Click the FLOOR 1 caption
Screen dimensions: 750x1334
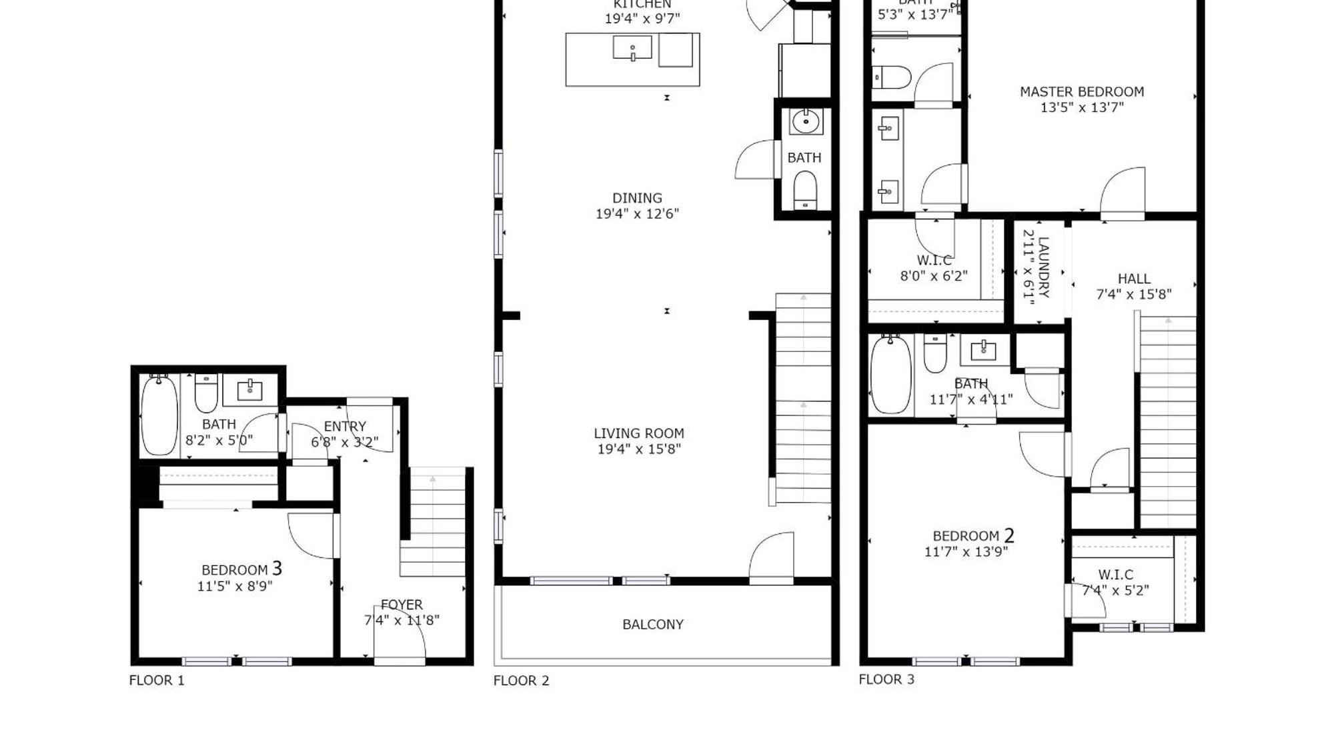[156, 681]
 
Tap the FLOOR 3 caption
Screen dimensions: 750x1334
[886, 679]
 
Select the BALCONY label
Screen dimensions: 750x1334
[652, 625]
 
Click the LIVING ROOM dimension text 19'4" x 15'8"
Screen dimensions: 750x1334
[639, 449]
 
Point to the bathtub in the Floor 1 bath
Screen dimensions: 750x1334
[159, 415]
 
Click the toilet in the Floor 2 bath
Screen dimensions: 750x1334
[805, 190]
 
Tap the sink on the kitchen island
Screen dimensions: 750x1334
[632, 49]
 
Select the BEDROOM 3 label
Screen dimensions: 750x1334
[241, 569]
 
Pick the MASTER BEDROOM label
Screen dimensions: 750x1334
[1081, 92]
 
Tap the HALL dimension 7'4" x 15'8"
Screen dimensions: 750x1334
[1133, 295]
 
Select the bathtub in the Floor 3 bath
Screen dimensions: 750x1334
[890, 375]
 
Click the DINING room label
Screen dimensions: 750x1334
[637, 198]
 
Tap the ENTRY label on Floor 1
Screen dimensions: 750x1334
[345, 426]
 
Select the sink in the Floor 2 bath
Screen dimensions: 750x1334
[806, 122]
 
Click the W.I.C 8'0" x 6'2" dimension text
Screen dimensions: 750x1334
[933, 276]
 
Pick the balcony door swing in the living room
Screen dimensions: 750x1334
[774, 557]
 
